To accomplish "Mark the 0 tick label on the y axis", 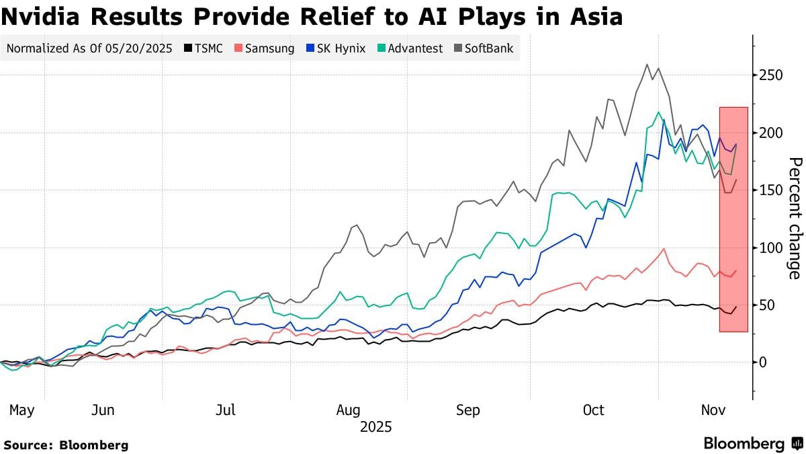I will [764, 363].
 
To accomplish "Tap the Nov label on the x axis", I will [714, 410].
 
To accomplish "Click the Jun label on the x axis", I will [102, 410].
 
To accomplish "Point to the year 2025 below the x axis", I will [375, 427].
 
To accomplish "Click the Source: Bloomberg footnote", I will [66, 445].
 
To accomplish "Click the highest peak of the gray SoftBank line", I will [647, 65].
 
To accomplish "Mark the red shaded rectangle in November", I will [733, 219].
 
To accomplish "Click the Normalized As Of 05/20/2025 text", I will [89, 48].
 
